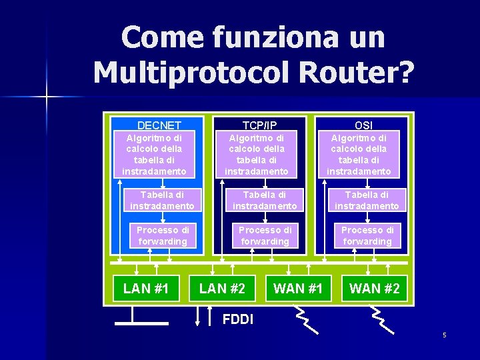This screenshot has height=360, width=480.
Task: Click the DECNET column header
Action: [159, 125]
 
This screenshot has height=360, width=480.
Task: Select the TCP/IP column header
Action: [259, 125]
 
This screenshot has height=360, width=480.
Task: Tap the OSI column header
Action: [363, 125]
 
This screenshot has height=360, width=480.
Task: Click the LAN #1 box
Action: [146, 289]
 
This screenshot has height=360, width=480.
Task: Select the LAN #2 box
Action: [223, 289]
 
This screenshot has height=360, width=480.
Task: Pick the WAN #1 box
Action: [298, 289]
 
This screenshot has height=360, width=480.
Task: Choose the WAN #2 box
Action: [375, 289]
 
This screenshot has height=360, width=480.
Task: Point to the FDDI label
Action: [238, 319]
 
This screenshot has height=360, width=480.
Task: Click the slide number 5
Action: [444, 335]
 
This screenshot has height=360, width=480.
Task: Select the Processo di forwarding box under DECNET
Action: [163, 235]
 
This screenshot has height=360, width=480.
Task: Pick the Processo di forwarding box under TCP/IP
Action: [265, 235]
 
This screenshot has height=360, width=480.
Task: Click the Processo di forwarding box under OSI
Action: [367, 235]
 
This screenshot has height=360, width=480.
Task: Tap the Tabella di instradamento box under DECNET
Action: [162, 201]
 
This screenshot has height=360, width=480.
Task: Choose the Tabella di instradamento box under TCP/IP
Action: [265, 201]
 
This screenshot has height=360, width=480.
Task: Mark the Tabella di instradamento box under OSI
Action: [367, 201]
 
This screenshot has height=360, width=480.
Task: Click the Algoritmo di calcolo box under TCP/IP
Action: [257, 155]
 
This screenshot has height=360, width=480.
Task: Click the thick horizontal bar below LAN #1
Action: [141, 323]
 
